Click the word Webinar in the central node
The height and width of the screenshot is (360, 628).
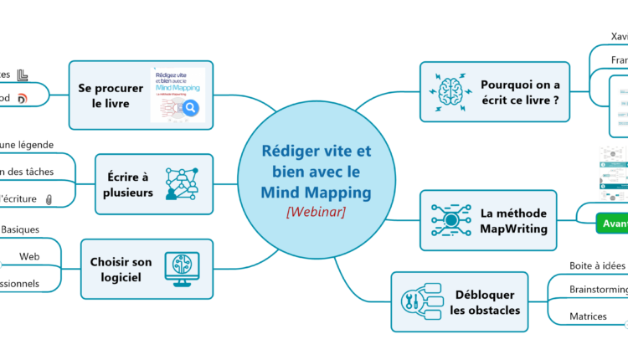[316, 212]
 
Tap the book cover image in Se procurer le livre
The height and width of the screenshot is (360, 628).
[177, 95]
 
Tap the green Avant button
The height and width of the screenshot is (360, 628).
[612, 224]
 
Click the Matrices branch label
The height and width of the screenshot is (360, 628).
[588, 316]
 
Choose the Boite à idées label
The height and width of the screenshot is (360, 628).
[597, 265]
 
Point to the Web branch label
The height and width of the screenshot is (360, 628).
[29, 256]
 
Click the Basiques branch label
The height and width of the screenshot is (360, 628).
[20, 229]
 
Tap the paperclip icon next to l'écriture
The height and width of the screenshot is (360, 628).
[49, 198]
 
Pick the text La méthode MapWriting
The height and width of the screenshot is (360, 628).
[513, 220]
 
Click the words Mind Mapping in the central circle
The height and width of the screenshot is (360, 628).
[316, 193]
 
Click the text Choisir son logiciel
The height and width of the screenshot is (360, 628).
[121, 269]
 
